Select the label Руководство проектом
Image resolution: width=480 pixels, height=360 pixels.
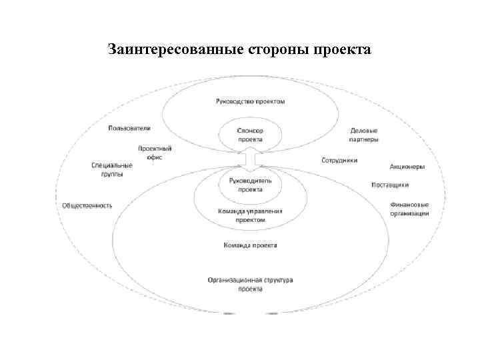[x=251, y=101]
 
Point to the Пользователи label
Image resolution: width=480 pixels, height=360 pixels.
[x=129, y=127]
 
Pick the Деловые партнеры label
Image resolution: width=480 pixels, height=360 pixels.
[x=364, y=135]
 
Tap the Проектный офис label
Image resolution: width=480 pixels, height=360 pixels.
[x=155, y=153]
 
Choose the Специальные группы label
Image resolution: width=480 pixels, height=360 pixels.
[x=112, y=169]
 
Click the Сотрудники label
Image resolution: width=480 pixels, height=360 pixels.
[x=340, y=161]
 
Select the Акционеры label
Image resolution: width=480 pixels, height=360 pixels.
[x=407, y=167]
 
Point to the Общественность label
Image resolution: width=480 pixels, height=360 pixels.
[x=87, y=205]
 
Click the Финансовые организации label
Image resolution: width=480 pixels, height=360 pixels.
[x=409, y=209]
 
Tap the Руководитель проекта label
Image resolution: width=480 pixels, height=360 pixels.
[x=251, y=185]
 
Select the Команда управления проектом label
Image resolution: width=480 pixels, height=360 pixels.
[x=251, y=215]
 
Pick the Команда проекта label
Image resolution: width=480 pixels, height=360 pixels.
[x=251, y=245]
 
